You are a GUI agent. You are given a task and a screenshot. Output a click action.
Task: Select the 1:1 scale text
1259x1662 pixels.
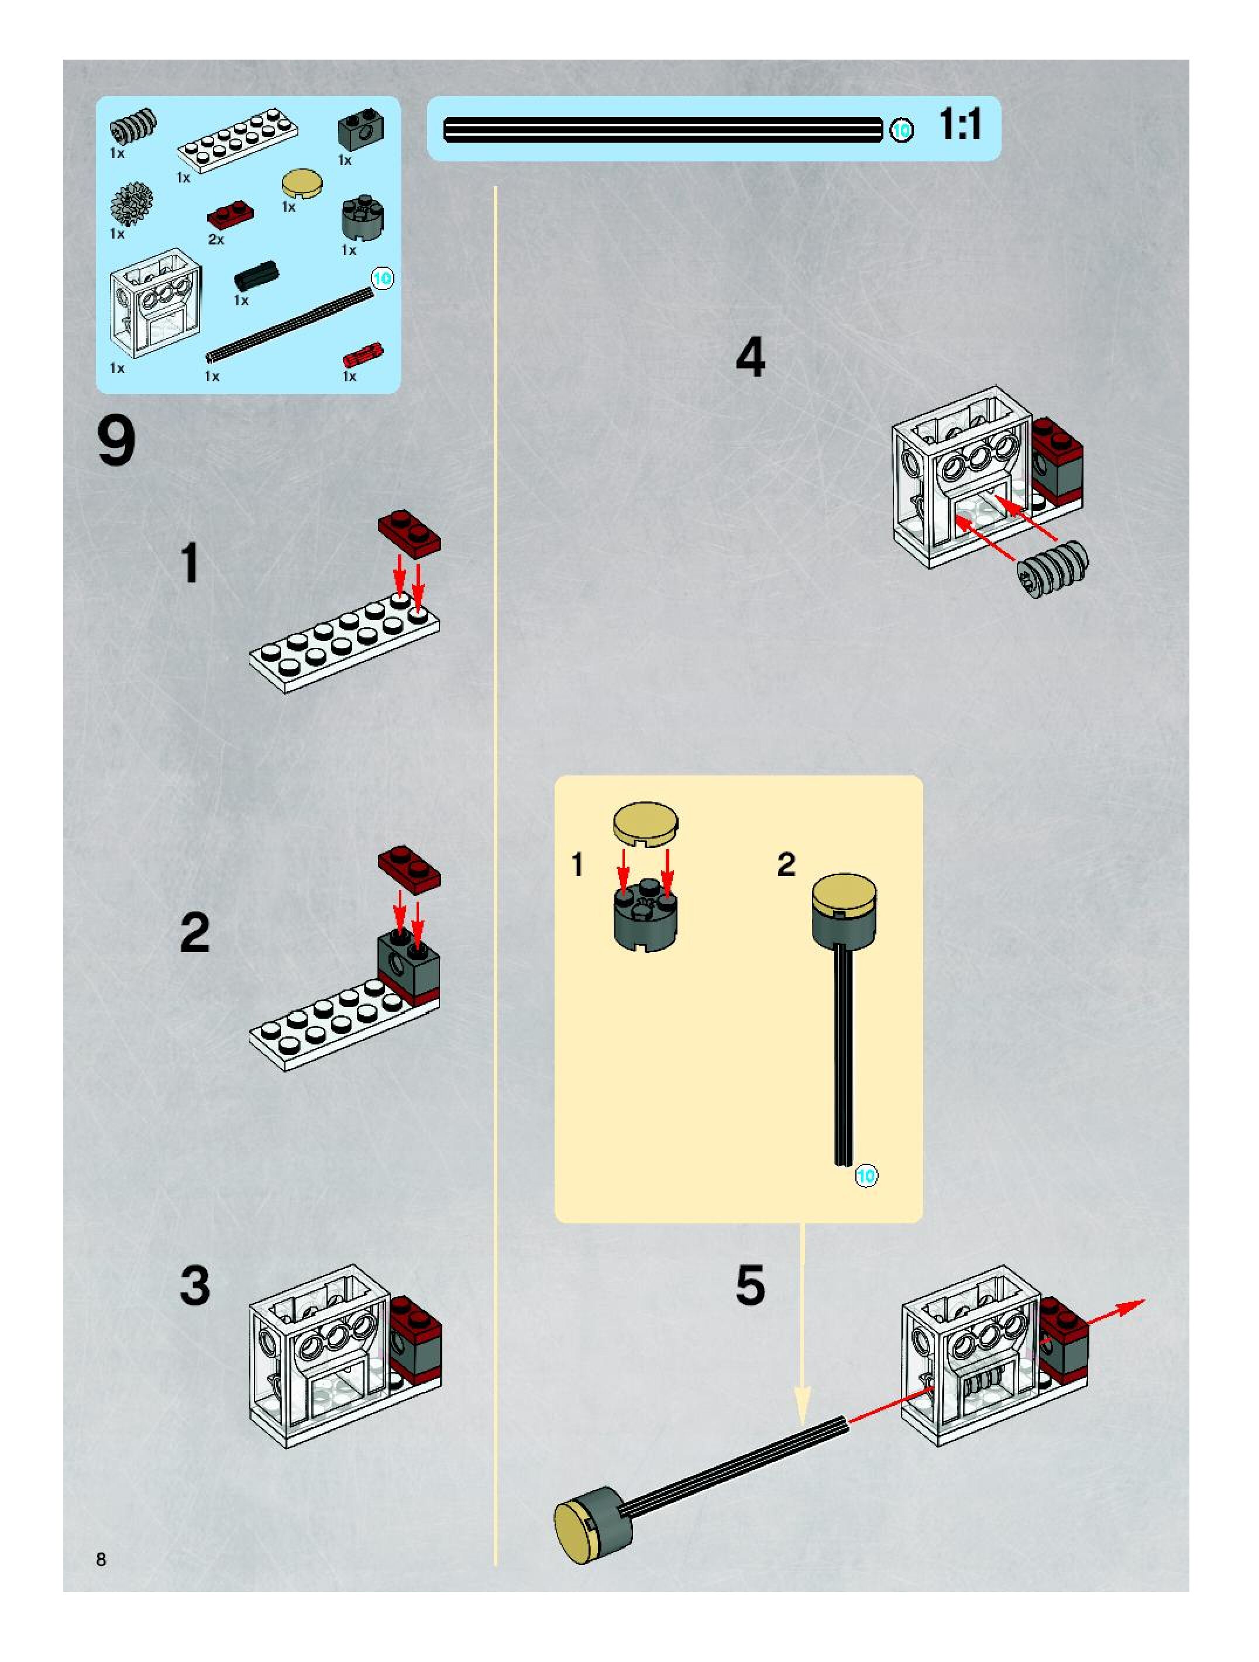[x=961, y=125]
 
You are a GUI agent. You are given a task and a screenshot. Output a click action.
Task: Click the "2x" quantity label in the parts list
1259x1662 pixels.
[x=216, y=240]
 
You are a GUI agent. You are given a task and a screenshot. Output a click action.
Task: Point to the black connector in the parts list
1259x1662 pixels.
[x=256, y=277]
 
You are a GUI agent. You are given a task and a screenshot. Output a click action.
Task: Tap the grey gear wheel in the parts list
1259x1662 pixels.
[x=132, y=204]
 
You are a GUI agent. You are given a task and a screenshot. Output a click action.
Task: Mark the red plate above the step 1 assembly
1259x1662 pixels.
[x=409, y=533]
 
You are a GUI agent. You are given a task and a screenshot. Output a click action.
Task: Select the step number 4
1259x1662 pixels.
[x=750, y=358]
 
